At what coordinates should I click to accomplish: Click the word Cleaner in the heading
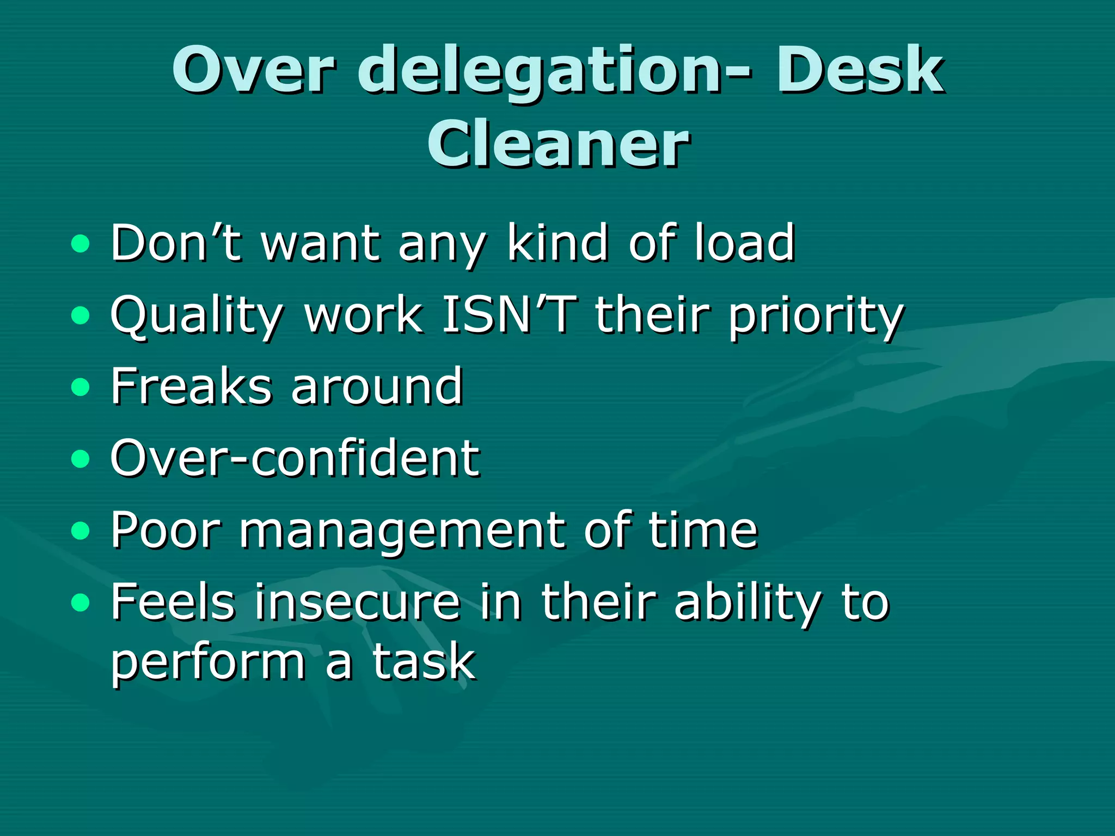click(x=559, y=144)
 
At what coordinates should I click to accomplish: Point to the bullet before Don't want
click(x=80, y=243)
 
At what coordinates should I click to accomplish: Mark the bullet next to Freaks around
click(x=80, y=387)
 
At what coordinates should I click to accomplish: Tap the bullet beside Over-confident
click(x=80, y=459)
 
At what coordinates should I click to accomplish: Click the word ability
click(x=746, y=603)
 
